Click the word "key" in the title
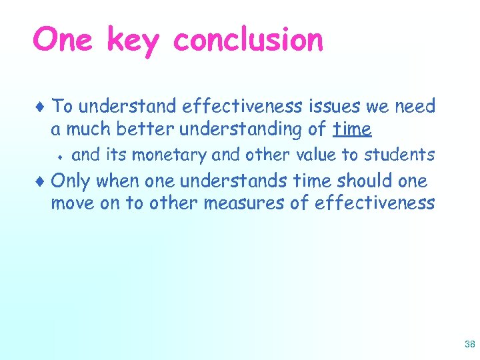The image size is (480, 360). pyautogui.click(x=133, y=41)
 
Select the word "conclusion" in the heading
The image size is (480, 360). pyautogui.click(x=248, y=40)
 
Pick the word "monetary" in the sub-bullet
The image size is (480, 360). pyautogui.click(x=170, y=155)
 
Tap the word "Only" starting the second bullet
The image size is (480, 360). pyautogui.click(x=71, y=181)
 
